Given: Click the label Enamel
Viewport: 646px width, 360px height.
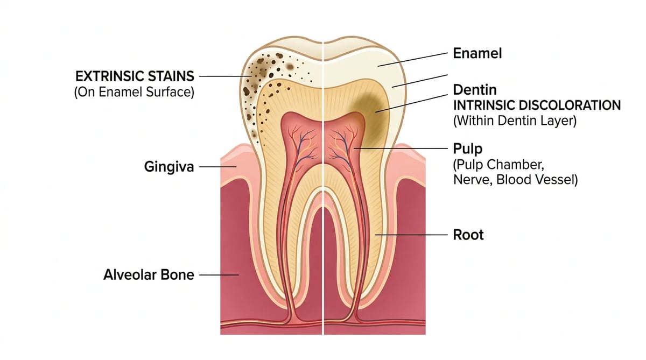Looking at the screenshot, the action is point(478,53).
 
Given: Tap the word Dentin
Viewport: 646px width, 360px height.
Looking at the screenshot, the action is point(475,90).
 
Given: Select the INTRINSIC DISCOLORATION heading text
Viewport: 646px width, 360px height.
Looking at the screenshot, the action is point(537,105).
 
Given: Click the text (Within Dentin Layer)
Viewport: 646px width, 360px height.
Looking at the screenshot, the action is point(515,121).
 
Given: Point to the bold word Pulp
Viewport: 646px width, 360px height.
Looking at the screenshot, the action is point(467,149).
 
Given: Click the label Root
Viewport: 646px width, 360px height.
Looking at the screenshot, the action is point(468,235).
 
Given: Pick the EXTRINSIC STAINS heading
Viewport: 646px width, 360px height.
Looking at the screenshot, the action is point(135,76).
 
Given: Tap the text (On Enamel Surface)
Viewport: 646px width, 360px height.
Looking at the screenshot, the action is point(134,92).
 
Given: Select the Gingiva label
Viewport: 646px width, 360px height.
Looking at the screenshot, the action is point(169,167).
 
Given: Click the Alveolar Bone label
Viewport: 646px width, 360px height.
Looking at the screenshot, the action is point(149,274).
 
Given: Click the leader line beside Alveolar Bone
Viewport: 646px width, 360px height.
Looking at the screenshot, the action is point(219,275).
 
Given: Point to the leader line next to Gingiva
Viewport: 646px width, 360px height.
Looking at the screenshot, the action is point(217,167).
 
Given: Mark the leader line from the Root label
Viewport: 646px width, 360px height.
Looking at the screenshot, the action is point(411,235).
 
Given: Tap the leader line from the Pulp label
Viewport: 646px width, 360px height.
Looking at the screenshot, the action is point(401,149).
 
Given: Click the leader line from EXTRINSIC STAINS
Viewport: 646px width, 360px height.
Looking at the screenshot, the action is point(225,76).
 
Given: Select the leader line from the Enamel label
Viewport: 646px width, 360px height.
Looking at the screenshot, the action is point(413,60).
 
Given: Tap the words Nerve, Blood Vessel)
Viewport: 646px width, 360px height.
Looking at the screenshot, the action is point(515,180).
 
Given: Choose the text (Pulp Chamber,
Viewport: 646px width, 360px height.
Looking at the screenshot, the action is point(498,165).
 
